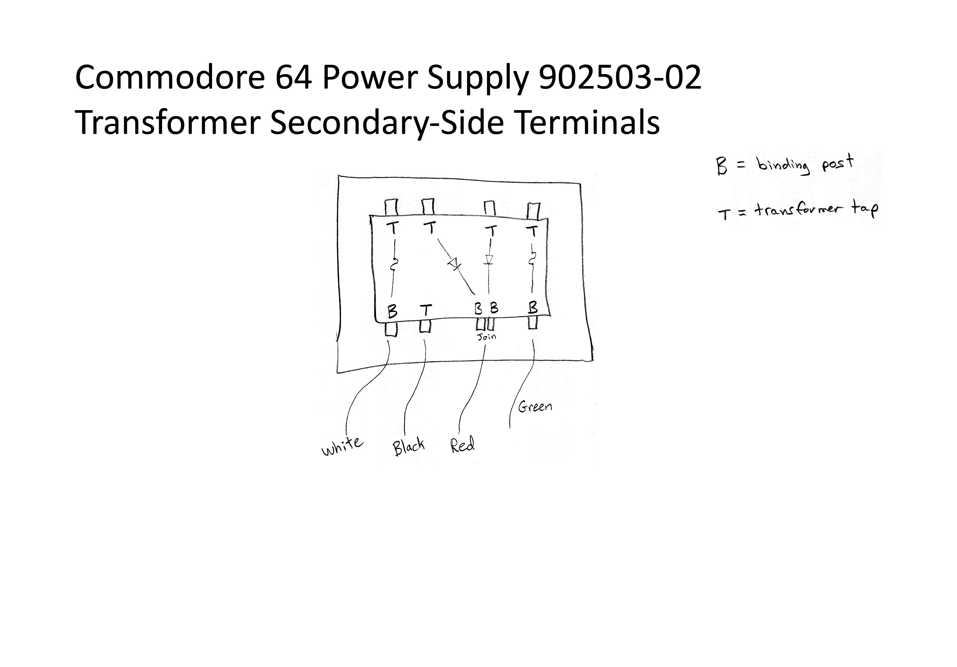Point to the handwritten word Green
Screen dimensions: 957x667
pyautogui.click(x=535, y=406)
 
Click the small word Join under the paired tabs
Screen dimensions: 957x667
pyautogui.click(x=487, y=337)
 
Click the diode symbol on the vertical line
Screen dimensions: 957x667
pyautogui.click(x=489, y=259)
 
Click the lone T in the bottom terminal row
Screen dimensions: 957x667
pyautogui.click(x=426, y=310)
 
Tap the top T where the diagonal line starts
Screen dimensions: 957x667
pyautogui.click(x=430, y=228)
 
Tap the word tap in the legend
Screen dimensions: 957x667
pyautogui.click(x=865, y=209)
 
